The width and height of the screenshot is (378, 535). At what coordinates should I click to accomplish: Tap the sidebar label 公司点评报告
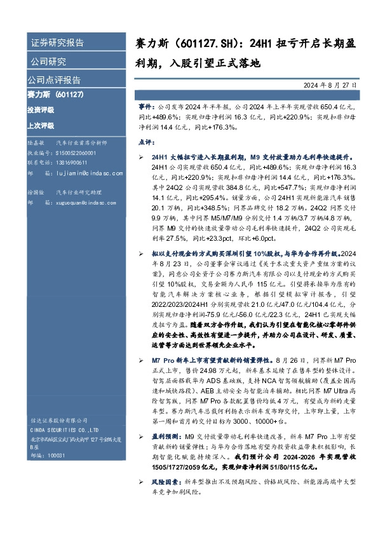[x=54, y=81]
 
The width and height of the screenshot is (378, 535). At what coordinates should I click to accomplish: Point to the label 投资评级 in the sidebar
[x=41, y=110]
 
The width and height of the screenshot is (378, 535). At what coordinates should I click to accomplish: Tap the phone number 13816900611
[x=74, y=163]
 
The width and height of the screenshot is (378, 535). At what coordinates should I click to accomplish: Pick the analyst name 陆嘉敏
[x=36, y=144]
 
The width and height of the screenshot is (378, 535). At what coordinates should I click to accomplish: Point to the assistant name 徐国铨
[x=36, y=191]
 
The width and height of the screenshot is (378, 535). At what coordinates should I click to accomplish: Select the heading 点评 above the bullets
[x=145, y=142]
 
